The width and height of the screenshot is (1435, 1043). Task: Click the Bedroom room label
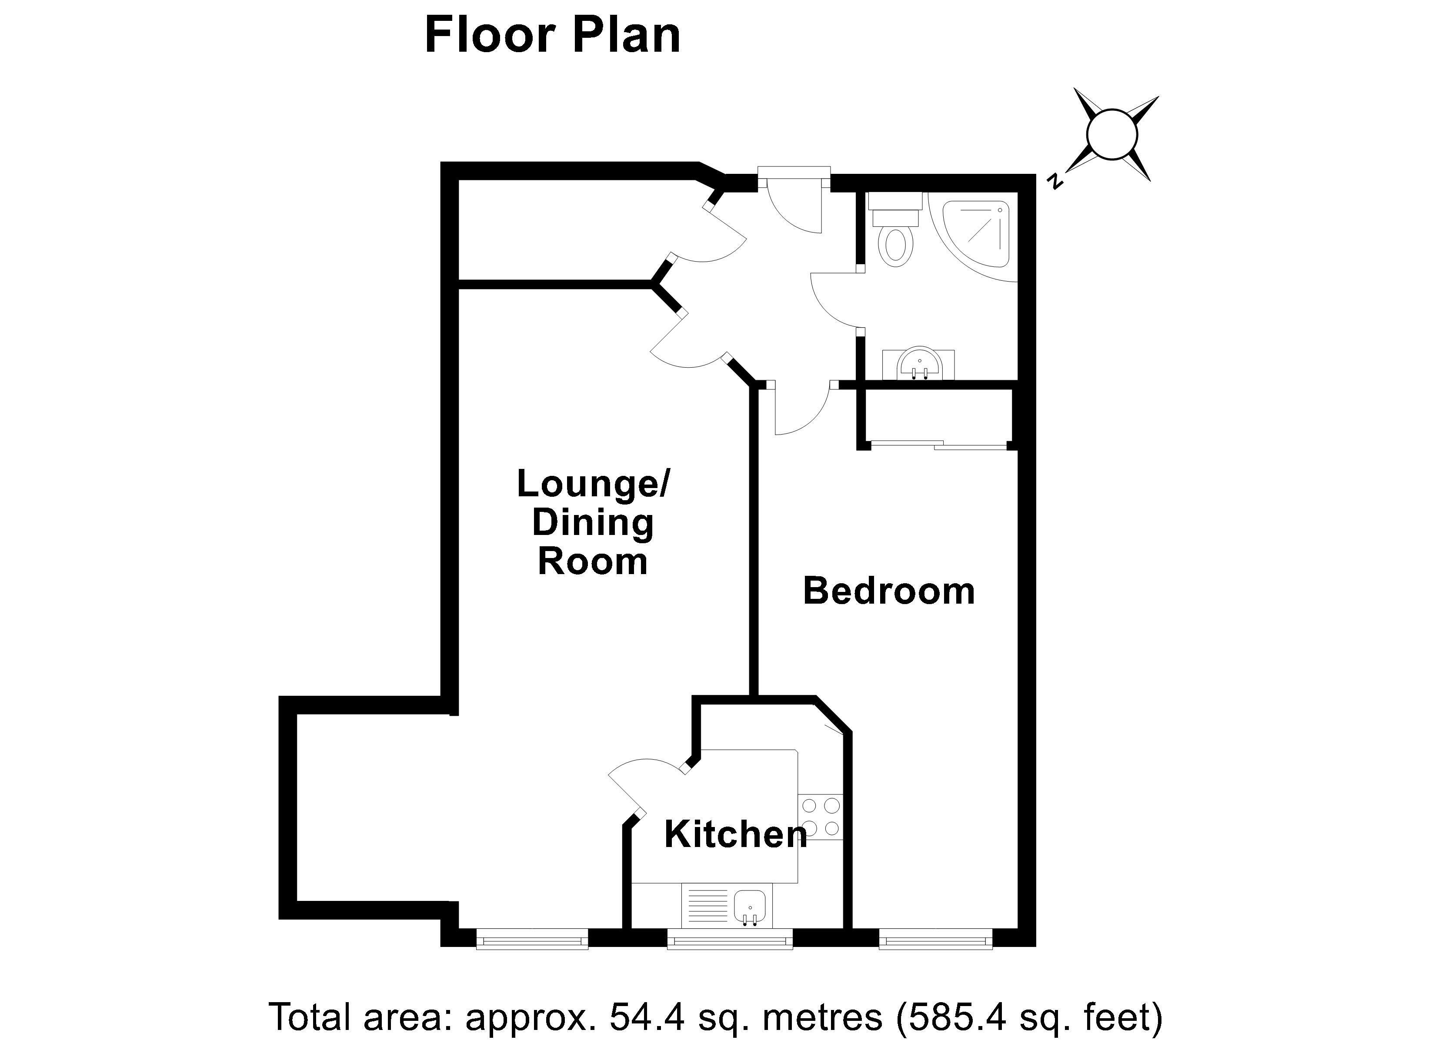888,591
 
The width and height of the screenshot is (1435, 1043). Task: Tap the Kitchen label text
736,834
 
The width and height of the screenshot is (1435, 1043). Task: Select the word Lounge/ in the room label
593,484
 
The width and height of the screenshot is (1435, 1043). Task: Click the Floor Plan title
552,36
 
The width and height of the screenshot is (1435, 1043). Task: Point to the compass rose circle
1111,135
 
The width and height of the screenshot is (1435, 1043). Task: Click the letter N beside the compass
1054,182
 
